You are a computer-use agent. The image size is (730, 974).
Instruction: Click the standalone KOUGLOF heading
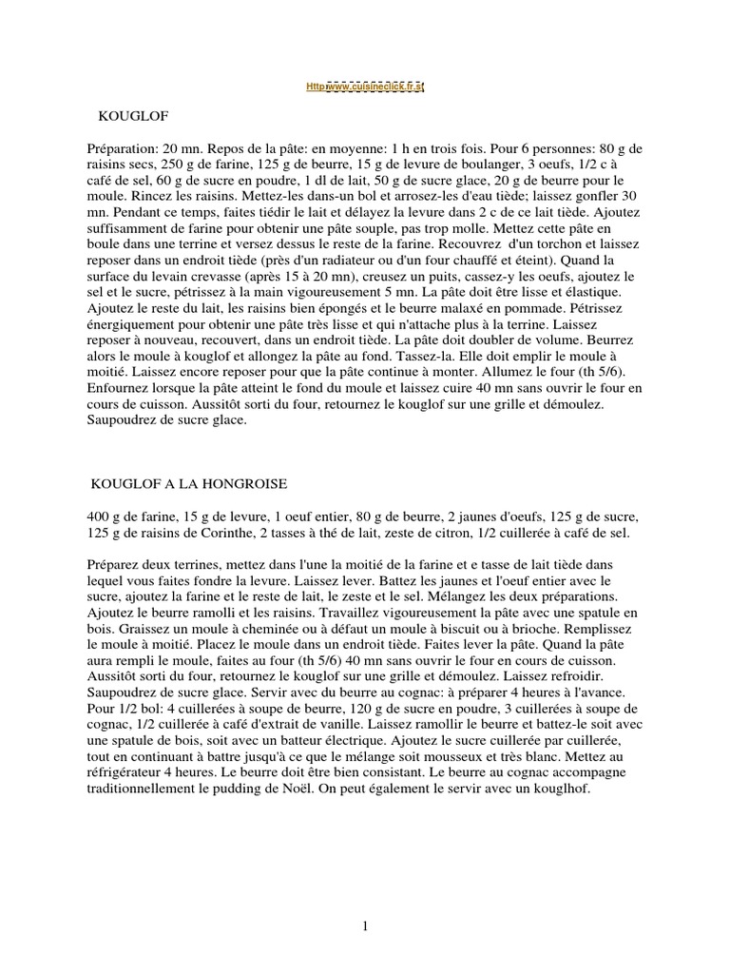point(134,118)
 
